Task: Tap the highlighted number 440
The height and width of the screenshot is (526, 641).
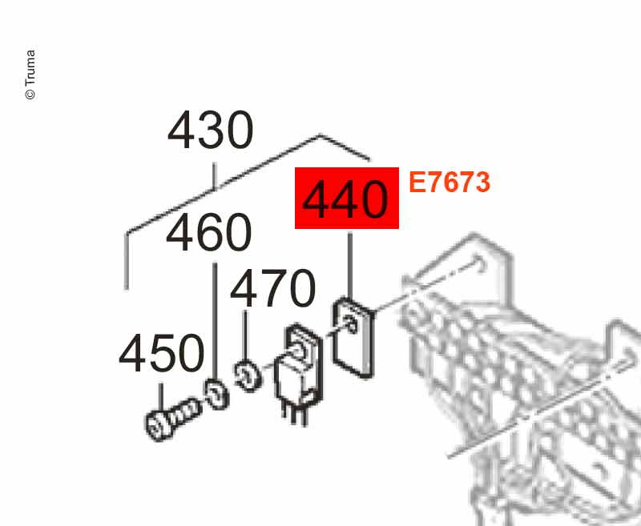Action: pyautogui.click(x=347, y=199)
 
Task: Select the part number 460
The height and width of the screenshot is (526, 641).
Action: pyautogui.click(x=209, y=233)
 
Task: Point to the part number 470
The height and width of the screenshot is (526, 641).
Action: pyautogui.click(x=272, y=289)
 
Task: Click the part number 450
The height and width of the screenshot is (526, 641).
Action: pyautogui.click(x=162, y=354)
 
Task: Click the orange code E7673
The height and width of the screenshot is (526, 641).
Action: pyautogui.click(x=449, y=183)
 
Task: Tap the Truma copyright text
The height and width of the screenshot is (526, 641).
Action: pyautogui.click(x=30, y=75)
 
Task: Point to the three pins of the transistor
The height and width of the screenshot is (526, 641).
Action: pyautogui.click(x=293, y=412)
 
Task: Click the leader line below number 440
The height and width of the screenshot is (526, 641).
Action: pyautogui.click(x=350, y=264)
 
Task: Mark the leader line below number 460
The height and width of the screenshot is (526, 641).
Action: pyautogui.click(x=214, y=320)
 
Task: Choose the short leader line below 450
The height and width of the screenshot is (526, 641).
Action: pyautogui.click(x=162, y=396)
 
